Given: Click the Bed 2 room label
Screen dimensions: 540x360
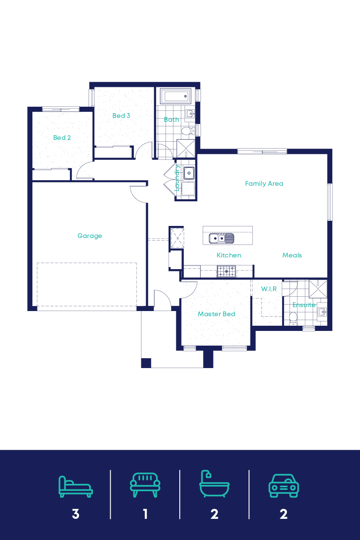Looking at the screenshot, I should [62, 138].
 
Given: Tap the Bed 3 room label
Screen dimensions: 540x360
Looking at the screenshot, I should [121, 116].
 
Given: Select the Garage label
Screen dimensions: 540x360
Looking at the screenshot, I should [89, 236].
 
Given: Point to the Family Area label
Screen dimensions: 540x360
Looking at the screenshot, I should [264, 184].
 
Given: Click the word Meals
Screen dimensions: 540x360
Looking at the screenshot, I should [292, 255].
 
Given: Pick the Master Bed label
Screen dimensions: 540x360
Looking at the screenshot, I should [216, 314].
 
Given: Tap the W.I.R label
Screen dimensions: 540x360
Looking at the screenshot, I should [269, 289].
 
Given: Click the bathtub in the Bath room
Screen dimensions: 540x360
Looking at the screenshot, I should [175, 96].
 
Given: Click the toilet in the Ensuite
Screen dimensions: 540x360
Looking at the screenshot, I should [293, 319].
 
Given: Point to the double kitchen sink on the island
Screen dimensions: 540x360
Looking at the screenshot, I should [221, 238].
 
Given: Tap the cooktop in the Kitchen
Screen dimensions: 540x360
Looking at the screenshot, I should [226, 271].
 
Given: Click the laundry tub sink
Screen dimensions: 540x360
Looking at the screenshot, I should [189, 173].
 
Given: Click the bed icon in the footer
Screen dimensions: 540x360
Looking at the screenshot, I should [76, 486].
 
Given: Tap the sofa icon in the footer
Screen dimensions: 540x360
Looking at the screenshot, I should [145, 485].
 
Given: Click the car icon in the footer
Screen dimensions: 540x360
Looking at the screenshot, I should [284, 486].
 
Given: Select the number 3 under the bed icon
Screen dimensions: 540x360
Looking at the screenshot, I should [76, 514].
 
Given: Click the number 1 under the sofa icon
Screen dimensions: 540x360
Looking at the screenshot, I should [145, 514].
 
